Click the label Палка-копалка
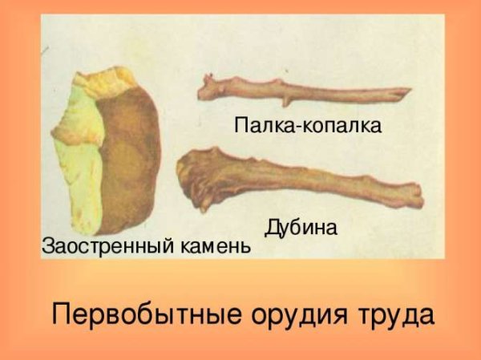tap(308, 126)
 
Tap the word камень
tap(215, 245)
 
